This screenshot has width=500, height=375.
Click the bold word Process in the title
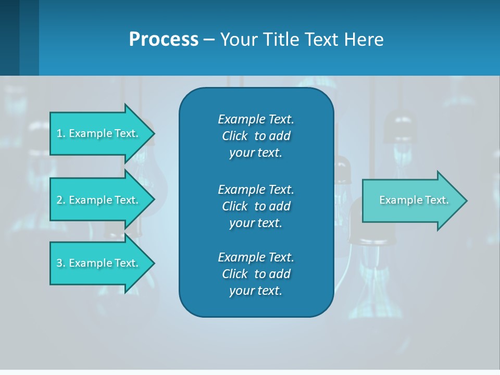(164, 40)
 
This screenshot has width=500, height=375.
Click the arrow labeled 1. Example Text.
(99, 133)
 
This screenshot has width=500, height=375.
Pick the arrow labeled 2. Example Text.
(99, 200)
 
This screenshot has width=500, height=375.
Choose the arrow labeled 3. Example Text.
(99, 263)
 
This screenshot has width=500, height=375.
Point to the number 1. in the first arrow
(61, 133)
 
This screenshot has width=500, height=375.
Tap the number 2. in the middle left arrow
(61, 200)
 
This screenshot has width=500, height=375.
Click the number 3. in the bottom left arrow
(61, 263)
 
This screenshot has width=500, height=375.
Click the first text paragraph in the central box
(256, 136)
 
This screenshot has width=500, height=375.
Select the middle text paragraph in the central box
(256, 206)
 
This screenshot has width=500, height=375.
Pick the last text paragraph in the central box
(256, 274)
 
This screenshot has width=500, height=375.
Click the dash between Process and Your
(209, 40)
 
